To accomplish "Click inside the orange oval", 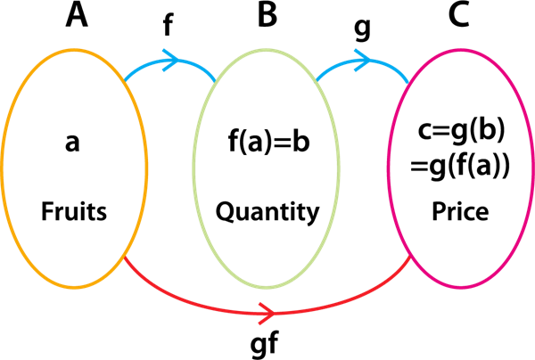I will (75, 168).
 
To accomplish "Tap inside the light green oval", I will (266, 168).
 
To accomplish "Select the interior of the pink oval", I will (461, 168).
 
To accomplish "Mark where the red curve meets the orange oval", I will (126, 258).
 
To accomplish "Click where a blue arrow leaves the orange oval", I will (126, 80).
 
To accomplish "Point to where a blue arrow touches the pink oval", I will (409, 83).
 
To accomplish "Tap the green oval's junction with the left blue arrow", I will (216, 81).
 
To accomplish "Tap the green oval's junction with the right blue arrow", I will (317, 81).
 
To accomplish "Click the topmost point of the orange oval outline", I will (75, 50).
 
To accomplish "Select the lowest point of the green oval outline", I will (266, 288).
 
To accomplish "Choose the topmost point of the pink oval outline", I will (461, 50).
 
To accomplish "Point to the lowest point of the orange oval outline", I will (75, 288).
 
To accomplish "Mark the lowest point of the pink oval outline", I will (461, 288).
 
